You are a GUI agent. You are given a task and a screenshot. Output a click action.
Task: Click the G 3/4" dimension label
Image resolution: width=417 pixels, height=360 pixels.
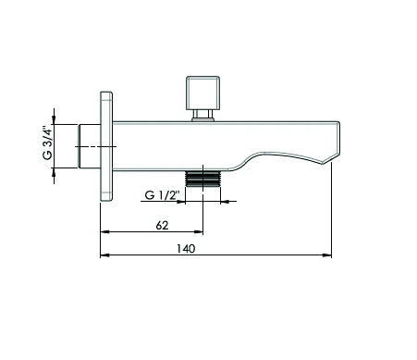point(48,143)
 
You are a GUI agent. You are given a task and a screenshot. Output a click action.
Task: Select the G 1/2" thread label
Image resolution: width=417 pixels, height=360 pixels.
point(162,195)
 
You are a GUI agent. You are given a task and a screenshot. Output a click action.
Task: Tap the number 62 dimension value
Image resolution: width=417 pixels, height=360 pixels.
point(162,226)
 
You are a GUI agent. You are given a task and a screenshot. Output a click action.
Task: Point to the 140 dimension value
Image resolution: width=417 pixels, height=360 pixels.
point(186,249)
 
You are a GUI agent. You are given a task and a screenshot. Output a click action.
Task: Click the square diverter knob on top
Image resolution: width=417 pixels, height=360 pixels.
point(203,93)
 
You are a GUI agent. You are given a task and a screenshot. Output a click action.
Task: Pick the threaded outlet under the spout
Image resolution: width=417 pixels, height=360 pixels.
point(202,179)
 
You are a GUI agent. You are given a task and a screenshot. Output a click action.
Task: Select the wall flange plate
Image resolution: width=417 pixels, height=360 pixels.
point(106,146)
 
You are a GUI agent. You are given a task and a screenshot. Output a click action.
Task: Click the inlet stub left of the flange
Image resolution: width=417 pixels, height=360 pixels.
point(90,146)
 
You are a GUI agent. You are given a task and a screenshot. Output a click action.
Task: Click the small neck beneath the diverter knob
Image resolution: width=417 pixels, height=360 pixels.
point(203,116)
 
